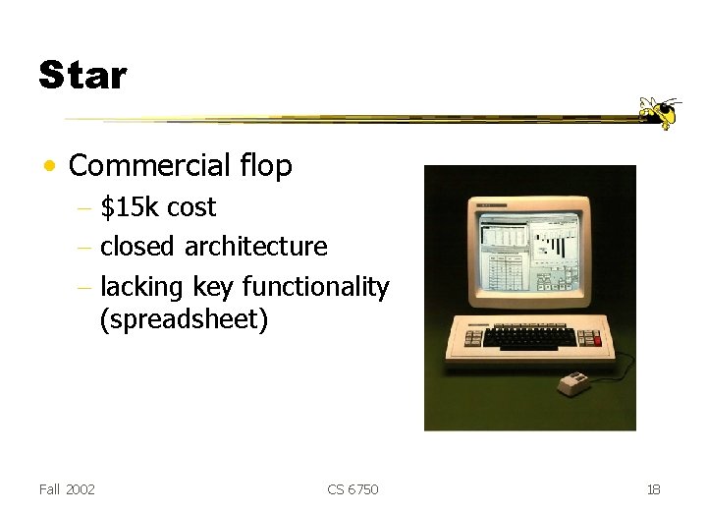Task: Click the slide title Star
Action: click(82, 75)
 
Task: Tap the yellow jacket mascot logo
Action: click(658, 112)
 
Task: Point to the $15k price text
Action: click(132, 207)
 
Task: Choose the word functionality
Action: click(315, 286)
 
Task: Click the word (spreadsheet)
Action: click(183, 319)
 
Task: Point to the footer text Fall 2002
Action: click(67, 489)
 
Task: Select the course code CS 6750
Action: click(353, 489)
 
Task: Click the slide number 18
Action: click(655, 489)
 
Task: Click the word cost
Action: click(191, 207)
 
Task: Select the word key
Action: click(213, 286)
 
